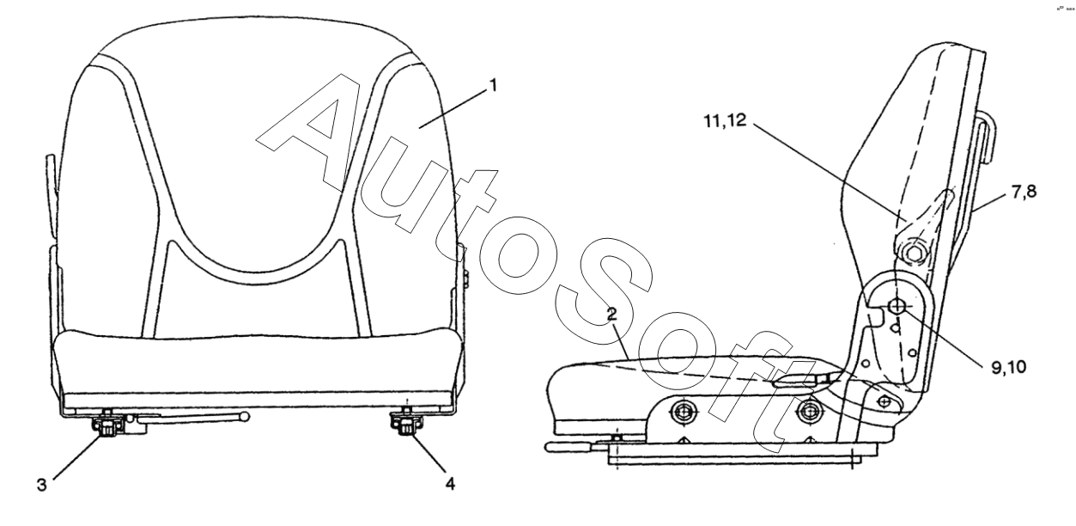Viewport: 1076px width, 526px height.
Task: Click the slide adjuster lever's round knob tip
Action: pyautogui.click(x=246, y=419)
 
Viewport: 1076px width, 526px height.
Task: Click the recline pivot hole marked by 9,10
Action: pyautogui.click(x=897, y=306)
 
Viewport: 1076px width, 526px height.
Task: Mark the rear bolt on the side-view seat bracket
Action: pyautogui.click(x=805, y=412)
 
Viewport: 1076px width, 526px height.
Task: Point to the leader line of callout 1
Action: pyautogui.click(x=455, y=108)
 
